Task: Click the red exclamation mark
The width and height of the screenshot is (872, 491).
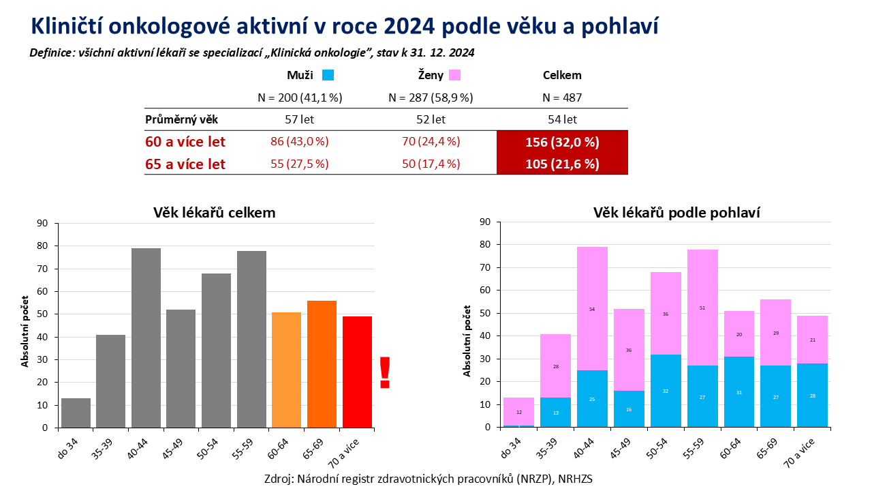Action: point(385,372)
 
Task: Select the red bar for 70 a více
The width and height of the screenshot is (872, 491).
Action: point(357,372)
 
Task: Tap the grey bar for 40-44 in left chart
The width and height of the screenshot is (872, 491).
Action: point(146,338)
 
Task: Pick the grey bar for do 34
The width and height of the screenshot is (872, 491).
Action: point(76,413)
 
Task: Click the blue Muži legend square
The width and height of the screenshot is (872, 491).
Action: point(328,76)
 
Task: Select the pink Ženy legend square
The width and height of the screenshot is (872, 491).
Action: point(455,76)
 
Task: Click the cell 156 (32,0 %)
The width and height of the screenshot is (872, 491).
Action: point(562,143)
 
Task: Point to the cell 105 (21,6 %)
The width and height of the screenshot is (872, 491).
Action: point(562,164)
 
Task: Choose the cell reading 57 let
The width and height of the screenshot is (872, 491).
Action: point(300,119)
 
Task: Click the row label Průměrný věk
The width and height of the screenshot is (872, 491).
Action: point(182,119)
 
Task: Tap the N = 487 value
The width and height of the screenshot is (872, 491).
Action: point(562,98)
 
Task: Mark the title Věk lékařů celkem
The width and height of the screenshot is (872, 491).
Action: point(214,212)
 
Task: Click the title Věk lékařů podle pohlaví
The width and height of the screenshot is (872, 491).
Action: point(676,212)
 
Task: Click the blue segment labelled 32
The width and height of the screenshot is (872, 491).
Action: point(666,391)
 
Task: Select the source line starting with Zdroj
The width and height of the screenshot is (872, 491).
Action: point(429,478)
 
